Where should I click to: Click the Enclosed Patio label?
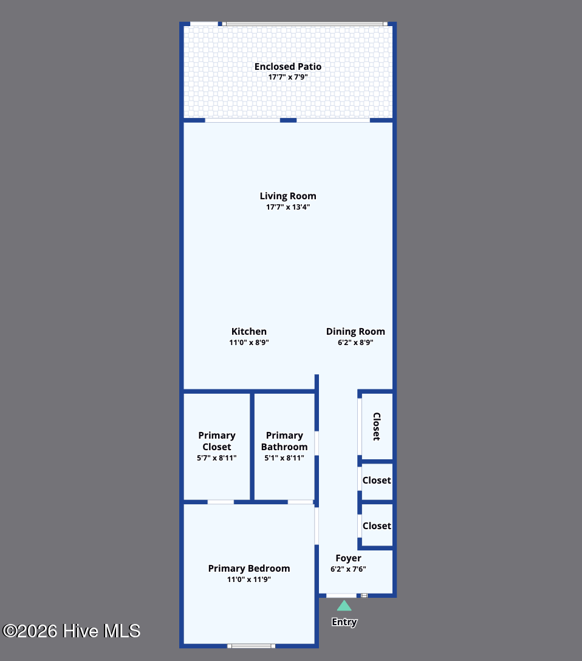(288, 67)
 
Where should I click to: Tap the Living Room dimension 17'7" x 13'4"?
(288, 207)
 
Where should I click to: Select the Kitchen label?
(249, 332)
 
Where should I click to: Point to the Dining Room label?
(355, 332)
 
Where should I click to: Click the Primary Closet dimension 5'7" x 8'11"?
(217, 458)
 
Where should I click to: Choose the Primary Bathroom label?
(284, 441)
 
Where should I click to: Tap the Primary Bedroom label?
(249, 569)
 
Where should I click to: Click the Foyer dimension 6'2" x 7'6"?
(348, 569)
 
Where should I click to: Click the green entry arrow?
(344, 605)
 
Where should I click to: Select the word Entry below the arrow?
(344, 622)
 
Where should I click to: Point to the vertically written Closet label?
(377, 426)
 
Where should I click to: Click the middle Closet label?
(377, 481)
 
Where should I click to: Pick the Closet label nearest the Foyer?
(377, 526)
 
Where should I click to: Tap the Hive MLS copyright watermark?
(71, 631)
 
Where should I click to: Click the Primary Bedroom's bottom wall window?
(251, 646)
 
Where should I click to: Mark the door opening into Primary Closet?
(221, 502)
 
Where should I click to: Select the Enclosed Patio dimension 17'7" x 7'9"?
(288, 78)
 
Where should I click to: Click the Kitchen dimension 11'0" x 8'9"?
(249, 343)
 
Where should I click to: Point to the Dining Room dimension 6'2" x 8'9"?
(355, 343)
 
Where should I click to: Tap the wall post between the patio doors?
(288, 120)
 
